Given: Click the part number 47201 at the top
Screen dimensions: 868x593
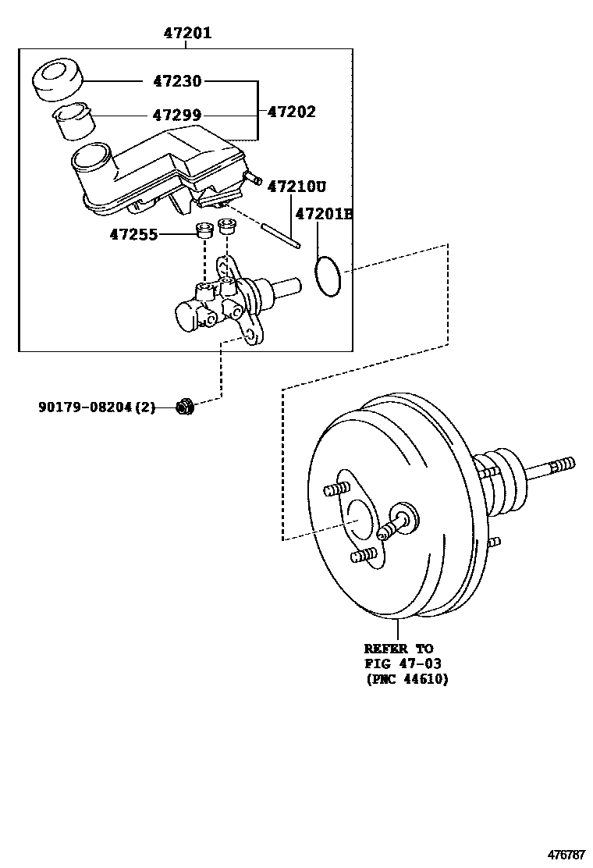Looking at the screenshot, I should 187,33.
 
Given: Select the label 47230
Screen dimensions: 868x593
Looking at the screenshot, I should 176,81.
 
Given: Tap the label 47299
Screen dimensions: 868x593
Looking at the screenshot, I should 176,116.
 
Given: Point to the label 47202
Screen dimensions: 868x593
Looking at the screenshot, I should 291,112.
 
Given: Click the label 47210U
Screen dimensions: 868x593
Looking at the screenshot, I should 296,187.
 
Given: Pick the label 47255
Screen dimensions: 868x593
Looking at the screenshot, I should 133,233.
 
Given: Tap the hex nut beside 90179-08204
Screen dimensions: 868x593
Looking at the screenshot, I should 185,406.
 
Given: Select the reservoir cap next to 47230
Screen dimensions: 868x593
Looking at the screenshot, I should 57,80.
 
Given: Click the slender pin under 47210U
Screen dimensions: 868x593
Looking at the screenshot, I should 280,237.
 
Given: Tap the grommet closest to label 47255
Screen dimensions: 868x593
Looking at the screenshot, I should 204,229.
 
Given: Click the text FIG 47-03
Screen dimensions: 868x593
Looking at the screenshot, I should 403,663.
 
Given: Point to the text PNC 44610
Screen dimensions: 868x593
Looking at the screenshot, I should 407,678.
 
